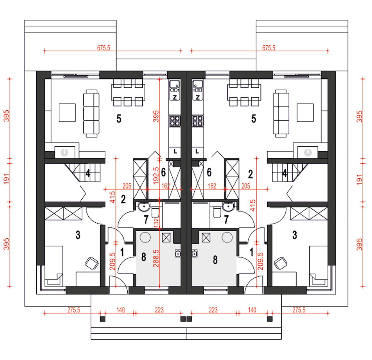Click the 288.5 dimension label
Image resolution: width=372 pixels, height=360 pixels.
(156, 258)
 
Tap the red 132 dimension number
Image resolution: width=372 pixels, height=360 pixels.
(156, 222)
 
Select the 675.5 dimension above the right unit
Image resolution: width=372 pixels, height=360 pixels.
(269, 48)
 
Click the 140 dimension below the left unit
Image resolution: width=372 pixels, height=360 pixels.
(121, 310)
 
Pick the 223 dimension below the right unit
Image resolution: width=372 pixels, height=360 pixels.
(213, 310)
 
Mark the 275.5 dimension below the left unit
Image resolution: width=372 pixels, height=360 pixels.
(74, 310)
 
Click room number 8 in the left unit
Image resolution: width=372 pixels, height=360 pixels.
(144, 257)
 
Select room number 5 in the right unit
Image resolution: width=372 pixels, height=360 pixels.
(253, 119)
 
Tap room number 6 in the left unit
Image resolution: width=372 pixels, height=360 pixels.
(163, 172)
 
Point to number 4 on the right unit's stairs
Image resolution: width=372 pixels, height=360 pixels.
(285, 173)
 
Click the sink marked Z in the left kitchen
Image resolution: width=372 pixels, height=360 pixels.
(175, 90)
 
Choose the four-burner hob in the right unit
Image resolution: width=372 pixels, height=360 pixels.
(198, 121)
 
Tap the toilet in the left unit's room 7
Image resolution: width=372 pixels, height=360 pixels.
(155, 213)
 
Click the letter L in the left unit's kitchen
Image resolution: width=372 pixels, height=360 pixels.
(175, 152)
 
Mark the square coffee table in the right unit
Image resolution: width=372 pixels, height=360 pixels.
(305, 113)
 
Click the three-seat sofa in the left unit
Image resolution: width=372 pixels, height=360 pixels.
(91, 114)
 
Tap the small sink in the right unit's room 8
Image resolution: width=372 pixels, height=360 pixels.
(195, 253)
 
